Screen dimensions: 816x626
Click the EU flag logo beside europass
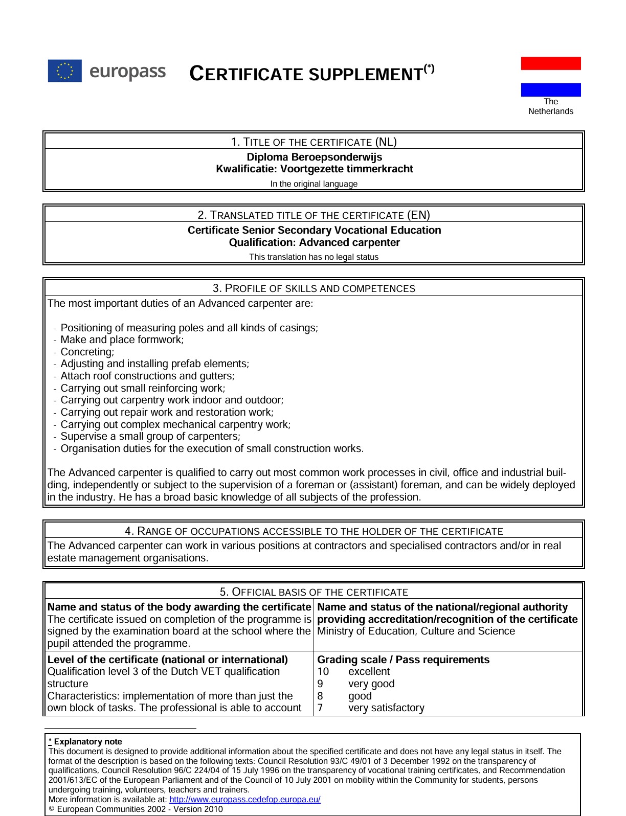64,71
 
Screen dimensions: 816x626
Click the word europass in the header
127,71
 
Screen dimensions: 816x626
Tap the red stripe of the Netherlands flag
551,63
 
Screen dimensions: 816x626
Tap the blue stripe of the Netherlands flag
551,89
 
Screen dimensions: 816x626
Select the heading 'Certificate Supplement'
311,74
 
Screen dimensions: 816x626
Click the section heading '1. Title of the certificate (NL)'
314,142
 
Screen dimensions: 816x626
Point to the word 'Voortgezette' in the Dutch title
312,169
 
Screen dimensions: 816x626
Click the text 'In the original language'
314,184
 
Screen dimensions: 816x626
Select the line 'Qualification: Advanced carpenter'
314,242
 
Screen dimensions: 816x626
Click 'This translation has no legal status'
314,257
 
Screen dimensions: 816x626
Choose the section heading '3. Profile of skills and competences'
314,288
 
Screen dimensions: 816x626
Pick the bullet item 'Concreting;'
87,352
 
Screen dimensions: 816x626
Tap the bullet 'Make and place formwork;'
122,339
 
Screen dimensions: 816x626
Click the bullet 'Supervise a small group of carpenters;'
150,436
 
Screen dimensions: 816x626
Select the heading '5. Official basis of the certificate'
314,592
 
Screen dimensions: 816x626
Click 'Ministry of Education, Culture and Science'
416,631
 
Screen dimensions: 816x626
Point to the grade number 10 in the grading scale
323,671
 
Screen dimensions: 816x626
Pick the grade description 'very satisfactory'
386,708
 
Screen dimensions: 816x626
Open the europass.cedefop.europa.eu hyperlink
244,799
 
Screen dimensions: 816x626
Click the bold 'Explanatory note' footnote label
88,741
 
